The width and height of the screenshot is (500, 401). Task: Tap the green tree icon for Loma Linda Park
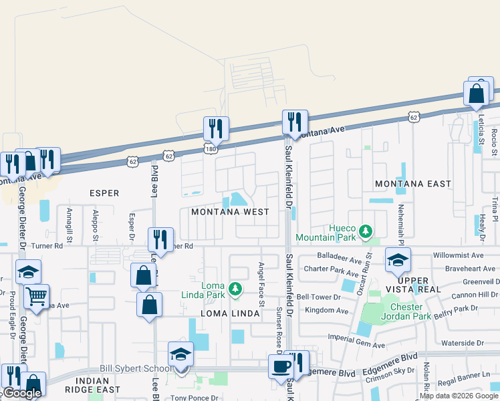click(x=234, y=289)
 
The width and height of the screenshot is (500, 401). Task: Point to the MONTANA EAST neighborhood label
click(x=412, y=183)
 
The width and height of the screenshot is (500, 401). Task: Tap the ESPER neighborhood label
click(x=104, y=193)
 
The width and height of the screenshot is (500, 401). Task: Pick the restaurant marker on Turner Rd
click(x=160, y=239)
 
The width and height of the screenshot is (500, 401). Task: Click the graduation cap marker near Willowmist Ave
click(x=397, y=259)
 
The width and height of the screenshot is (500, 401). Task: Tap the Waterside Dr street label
click(x=463, y=343)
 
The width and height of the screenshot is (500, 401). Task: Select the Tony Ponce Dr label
click(x=194, y=398)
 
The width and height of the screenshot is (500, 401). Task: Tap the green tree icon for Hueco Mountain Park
click(x=365, y=232)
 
